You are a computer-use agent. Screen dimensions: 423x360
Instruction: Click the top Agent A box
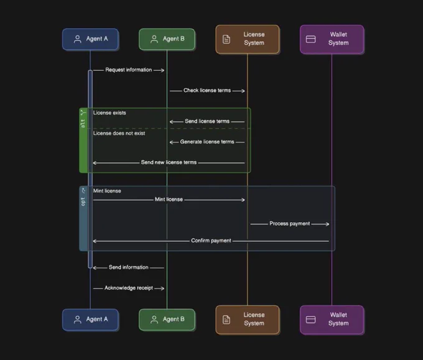coord(90,39)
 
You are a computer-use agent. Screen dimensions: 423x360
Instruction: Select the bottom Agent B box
coord(167,320)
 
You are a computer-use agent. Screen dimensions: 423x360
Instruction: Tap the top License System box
coord(248,39)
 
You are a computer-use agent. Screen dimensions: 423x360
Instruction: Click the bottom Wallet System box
coord(332,320)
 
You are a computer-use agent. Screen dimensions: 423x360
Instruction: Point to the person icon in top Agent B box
coord(154,39)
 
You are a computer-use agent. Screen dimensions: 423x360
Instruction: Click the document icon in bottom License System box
coord(226,320)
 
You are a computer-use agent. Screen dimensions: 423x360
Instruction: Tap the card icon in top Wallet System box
coord(311,39)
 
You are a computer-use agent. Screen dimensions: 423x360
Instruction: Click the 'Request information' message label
coord(129,70)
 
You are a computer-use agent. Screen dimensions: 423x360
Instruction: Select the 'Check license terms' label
coord(207,90)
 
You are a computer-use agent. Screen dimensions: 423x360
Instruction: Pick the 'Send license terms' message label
coord(207,121)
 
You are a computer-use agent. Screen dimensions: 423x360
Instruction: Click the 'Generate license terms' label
coord(207,142)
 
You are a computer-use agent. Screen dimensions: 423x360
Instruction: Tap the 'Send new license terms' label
coord(169,162)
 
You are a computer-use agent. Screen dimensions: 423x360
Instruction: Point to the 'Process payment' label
coord(290,224)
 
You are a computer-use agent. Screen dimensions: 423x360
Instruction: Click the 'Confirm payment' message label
coord(211,241)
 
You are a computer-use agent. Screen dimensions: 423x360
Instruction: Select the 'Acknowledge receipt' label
coord(129,288)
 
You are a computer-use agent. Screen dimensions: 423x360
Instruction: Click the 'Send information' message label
coord(129,267)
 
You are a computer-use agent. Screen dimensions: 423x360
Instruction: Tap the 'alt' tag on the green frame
coord(83,124)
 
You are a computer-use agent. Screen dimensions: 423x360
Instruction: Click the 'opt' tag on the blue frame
coord(83,201)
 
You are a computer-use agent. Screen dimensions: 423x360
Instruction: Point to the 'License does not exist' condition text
coord(119,133)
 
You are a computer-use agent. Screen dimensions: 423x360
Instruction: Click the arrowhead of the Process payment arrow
coord(327,224)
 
